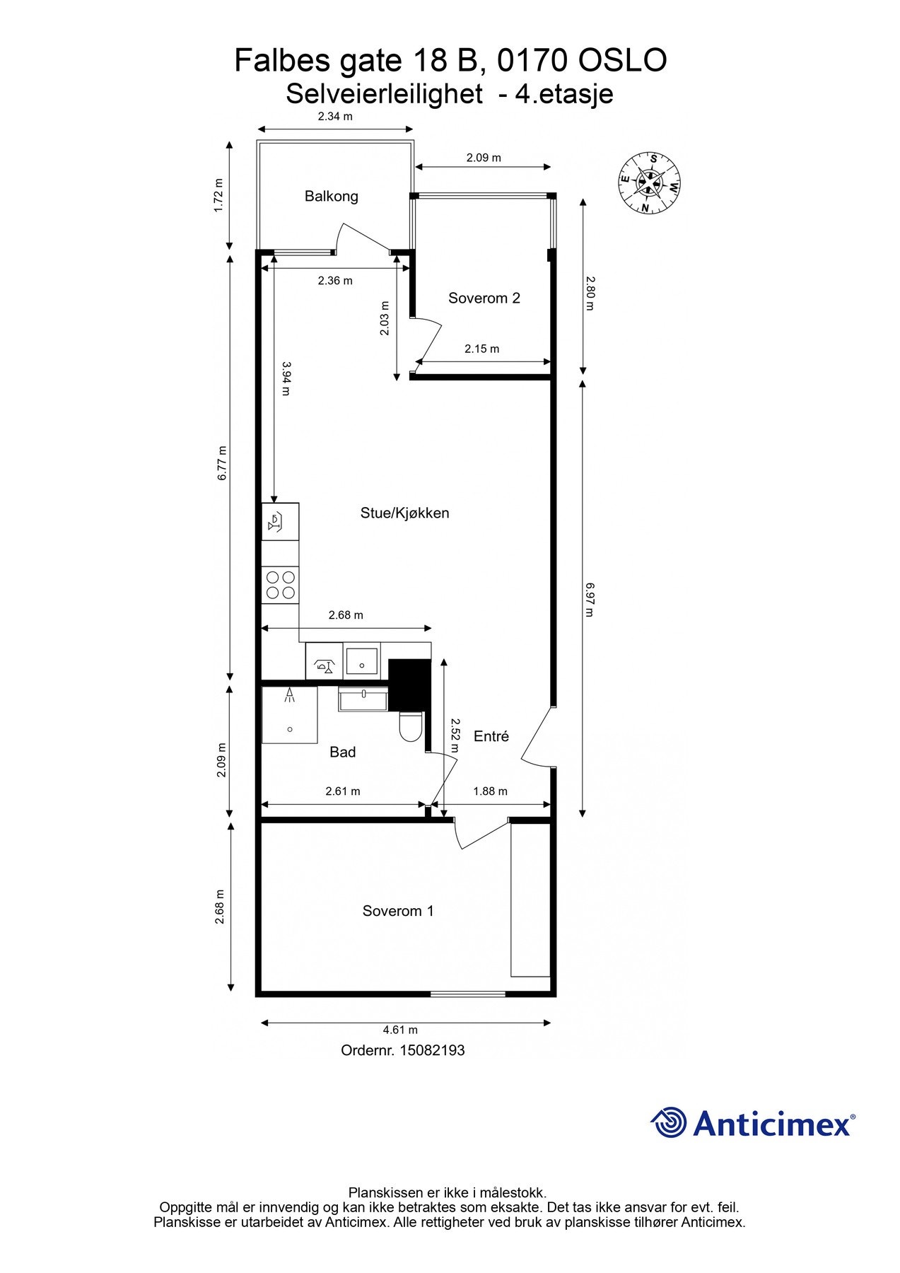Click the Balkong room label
pos(331,197)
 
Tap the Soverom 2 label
pos(484,298)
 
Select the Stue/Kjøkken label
pos(404,513)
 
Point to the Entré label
pos(491,736)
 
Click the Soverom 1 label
pos(398,911)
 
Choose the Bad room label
pos(342,752)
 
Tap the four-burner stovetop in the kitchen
pos(280,585)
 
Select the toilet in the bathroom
pos(411,726)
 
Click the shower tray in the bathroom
pos(290,715)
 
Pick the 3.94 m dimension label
pos(286,378)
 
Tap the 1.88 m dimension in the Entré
pos(490,791)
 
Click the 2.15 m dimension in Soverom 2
pos(481,349)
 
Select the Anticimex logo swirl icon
pos(669,1123)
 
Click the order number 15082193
pos(432,1050)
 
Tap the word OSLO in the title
pos(622,61)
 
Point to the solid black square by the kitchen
pos(409,685)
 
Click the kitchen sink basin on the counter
pos(362,661)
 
